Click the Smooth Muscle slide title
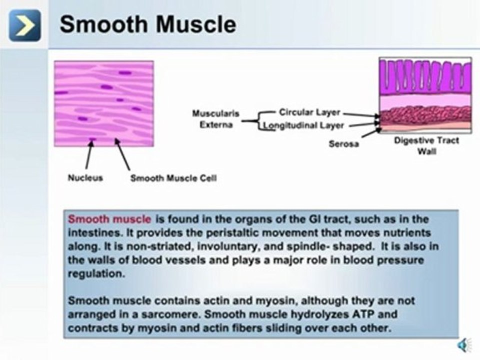point(147,24)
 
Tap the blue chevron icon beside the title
point(24,25)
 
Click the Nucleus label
point(85,177)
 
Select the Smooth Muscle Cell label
point(173,178)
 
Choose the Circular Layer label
point(309,112)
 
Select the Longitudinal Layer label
point(303,125)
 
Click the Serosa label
point(343,144)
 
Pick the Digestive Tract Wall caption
point(426,145)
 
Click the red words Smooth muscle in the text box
point(109,219)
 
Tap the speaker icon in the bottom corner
point(464,344)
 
